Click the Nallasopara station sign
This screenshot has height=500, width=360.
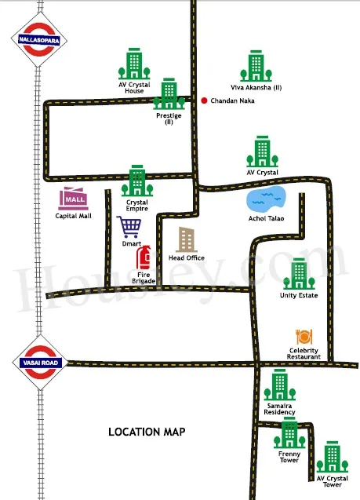[39, 39]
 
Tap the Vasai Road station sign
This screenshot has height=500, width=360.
[40, 363]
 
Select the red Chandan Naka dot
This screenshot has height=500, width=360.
[204, 100]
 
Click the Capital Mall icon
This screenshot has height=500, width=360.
[73, 199]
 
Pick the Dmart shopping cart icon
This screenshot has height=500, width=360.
[129, 227]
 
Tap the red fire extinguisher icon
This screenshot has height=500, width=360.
[144, 257]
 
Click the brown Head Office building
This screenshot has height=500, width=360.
[186, 239]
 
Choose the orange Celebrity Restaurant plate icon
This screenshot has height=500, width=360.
[304, 337]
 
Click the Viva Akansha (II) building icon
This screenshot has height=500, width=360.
[256, 66]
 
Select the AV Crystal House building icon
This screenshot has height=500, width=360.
[134, 64]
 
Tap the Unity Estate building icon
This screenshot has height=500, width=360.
[299, 274]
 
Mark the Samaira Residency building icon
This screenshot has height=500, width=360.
[280, 385]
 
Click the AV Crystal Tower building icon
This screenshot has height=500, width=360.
[333, 457]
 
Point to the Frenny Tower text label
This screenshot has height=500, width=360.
[289, 457]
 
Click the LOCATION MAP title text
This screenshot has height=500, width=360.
[147, 432]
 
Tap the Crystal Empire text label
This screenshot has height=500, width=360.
[137, 206]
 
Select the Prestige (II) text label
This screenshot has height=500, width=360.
[169, 119]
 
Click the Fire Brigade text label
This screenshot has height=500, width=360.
[144, 278]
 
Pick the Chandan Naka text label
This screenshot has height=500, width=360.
[233, 100]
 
